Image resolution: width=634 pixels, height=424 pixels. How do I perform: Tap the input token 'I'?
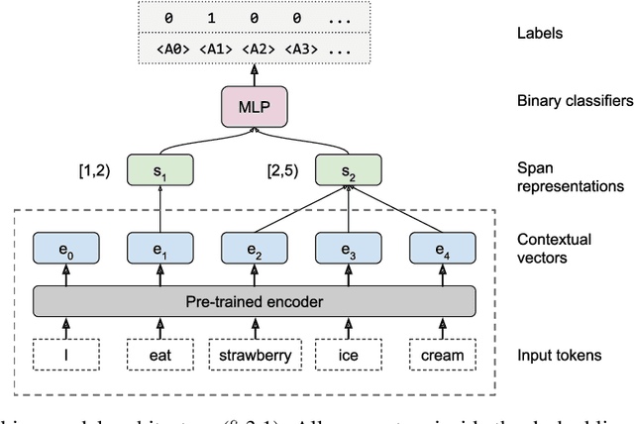[x=65, y=355]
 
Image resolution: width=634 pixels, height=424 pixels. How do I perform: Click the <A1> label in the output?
[x=215, y=49]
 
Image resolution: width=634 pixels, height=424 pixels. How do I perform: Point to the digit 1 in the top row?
[x=215, y=18]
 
